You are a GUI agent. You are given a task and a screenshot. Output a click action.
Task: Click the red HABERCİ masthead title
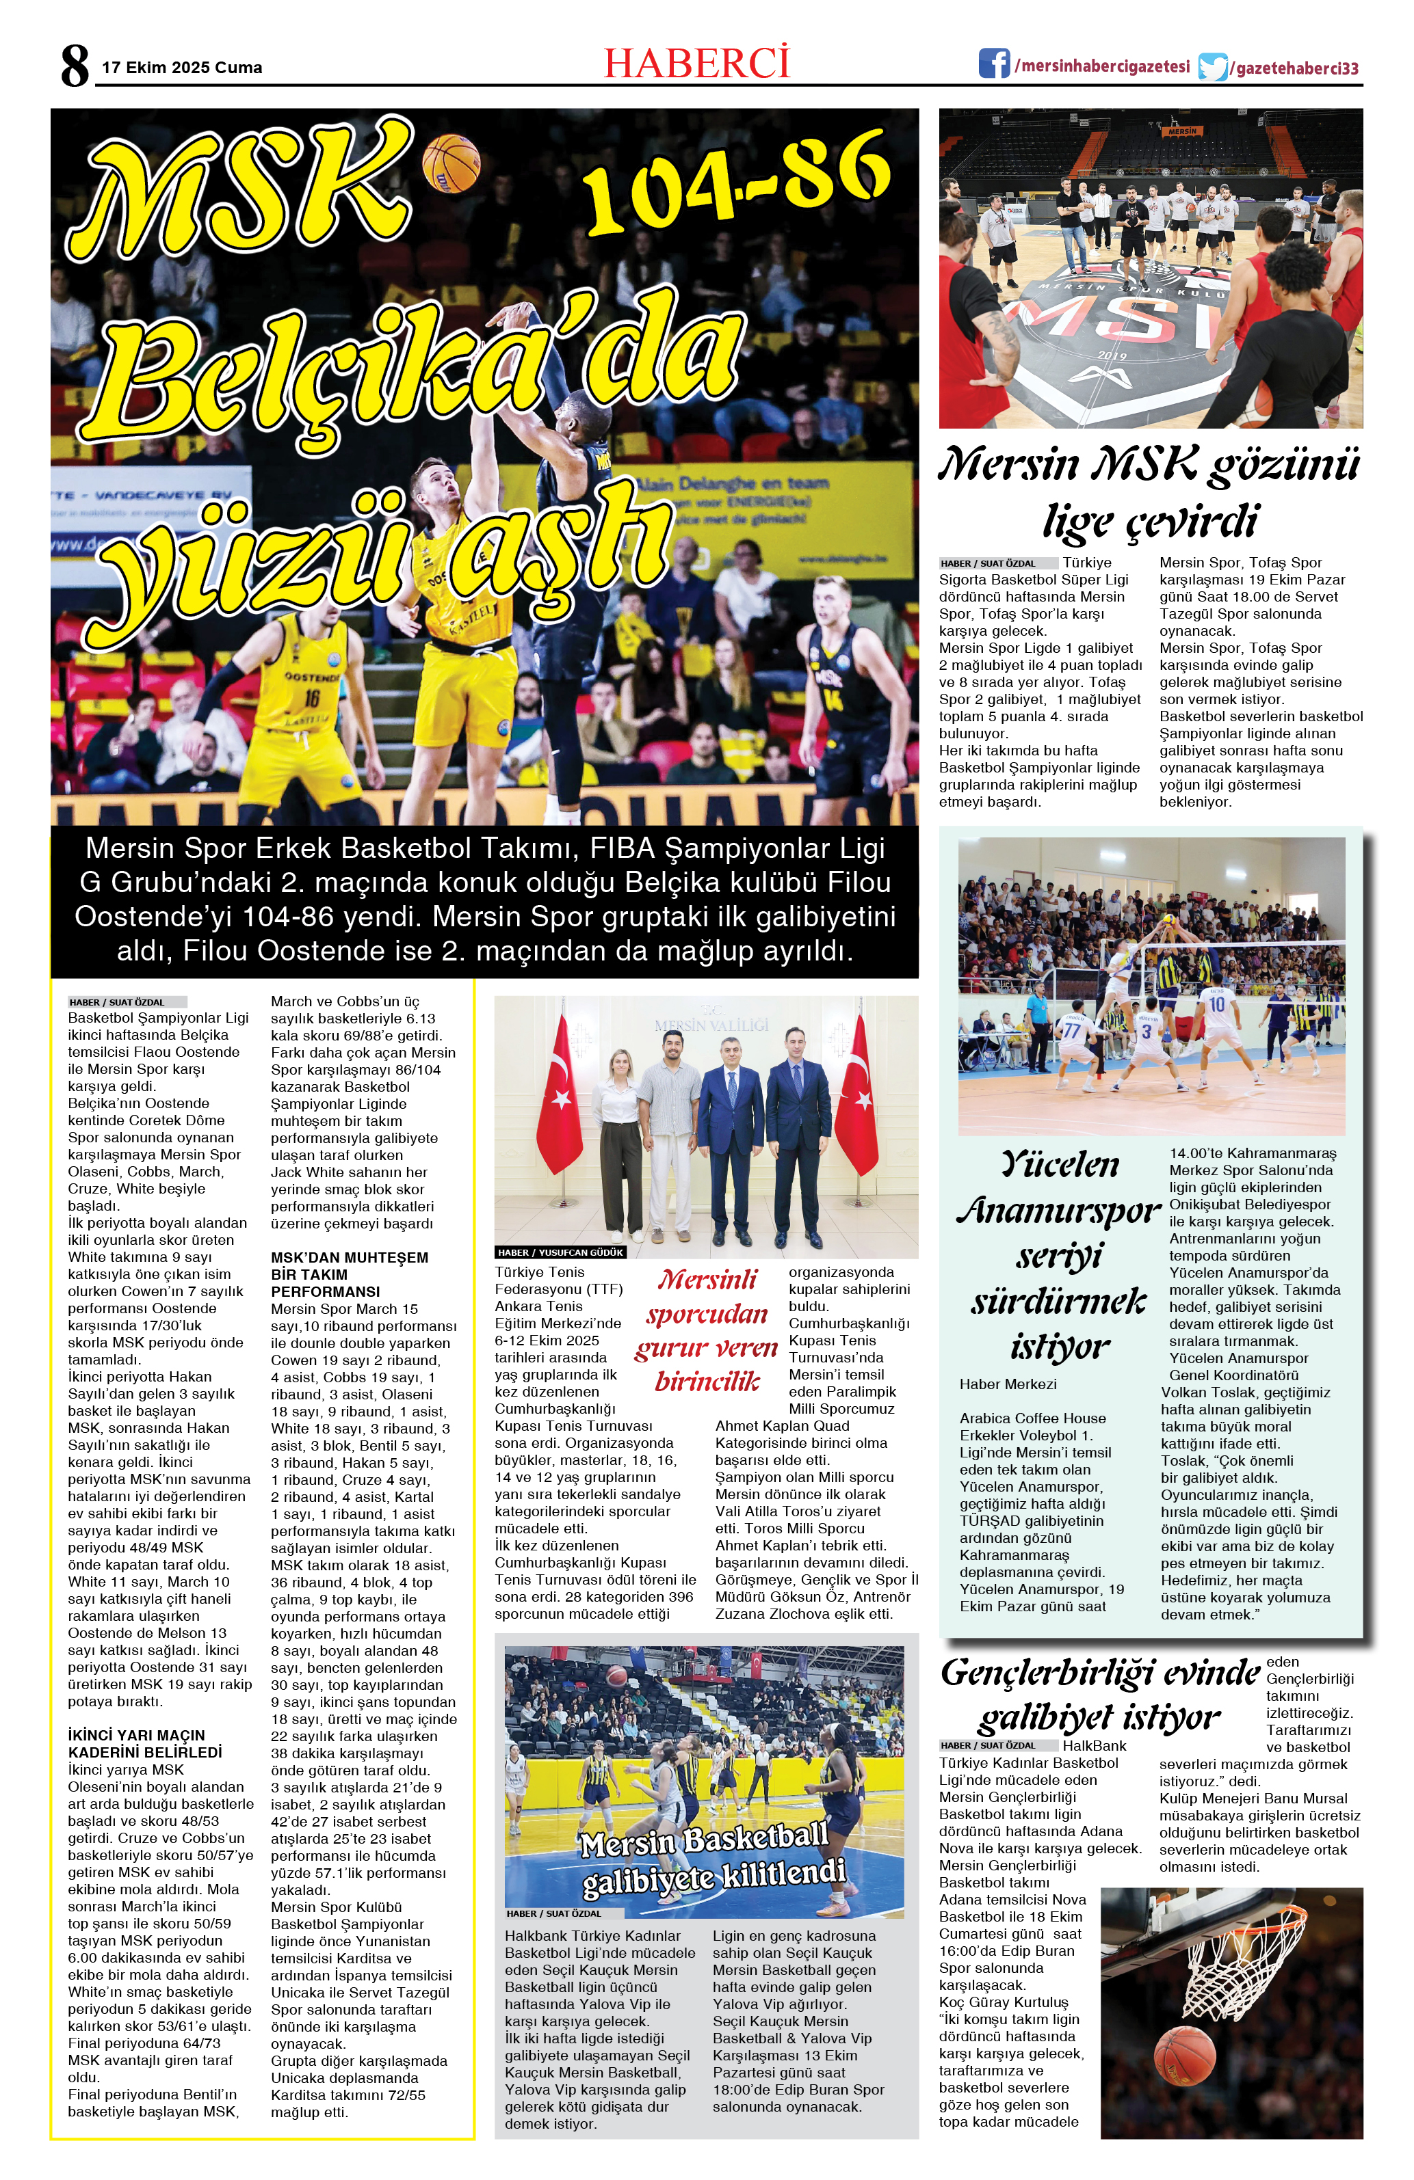[x=696, y=63]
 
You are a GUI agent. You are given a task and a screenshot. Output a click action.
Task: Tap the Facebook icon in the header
[x=993, y=64]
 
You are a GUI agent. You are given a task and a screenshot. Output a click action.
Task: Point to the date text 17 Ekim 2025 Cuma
[x=181, y=68]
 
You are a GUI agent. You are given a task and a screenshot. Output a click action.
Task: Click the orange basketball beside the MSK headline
[x=451, y=163]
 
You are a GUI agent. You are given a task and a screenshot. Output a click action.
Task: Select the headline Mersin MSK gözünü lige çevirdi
[x=1150, y=492]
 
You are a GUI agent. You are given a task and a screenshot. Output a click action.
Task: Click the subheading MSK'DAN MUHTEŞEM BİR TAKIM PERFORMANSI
[x=349, y=1274]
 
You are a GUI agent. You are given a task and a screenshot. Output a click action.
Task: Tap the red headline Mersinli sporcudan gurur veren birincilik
[x=707, y=1330]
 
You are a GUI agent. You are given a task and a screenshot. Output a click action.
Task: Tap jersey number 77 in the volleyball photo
[x=1071, y=1030]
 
